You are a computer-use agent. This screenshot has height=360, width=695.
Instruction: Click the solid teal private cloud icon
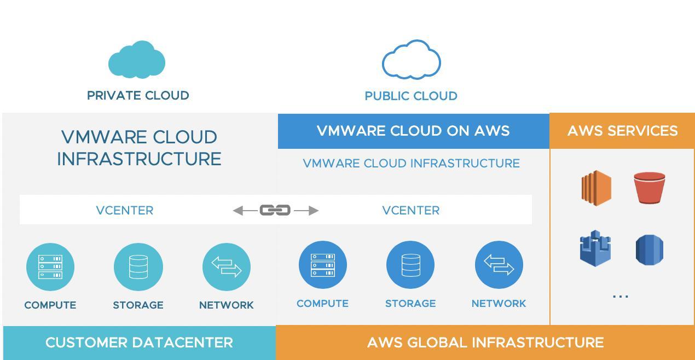point(137,60)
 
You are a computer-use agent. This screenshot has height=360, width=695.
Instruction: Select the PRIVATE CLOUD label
point(138,96)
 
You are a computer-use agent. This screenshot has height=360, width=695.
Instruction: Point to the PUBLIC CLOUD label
point(411,96)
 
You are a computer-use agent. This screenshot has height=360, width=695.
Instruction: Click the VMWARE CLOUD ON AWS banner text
point(413,131)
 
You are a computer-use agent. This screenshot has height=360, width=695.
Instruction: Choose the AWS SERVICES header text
point(623,131)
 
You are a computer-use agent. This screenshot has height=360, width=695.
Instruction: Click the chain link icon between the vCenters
point(275,210)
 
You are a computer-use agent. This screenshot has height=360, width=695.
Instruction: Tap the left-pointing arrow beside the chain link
point(245,211)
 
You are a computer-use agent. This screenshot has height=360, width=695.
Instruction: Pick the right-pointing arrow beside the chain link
point(306,211)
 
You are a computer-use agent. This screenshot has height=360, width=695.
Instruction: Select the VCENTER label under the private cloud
point(125,211)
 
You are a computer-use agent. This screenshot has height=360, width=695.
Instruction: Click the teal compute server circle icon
point(50,267)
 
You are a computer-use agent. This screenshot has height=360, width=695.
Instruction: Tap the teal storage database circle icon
point(138,267)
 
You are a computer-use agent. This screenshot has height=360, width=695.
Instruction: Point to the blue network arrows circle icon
point(499,265)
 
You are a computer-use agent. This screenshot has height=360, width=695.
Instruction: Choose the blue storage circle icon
point(410,265)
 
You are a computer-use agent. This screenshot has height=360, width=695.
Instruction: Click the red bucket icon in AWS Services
point(650,188)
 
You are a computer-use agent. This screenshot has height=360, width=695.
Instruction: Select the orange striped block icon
point(596,188)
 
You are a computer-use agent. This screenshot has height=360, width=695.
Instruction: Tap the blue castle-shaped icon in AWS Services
point(595,248)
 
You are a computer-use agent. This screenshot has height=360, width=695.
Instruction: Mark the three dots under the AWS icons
point(621,297)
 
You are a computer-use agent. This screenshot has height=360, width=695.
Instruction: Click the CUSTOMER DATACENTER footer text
point(140,342)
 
